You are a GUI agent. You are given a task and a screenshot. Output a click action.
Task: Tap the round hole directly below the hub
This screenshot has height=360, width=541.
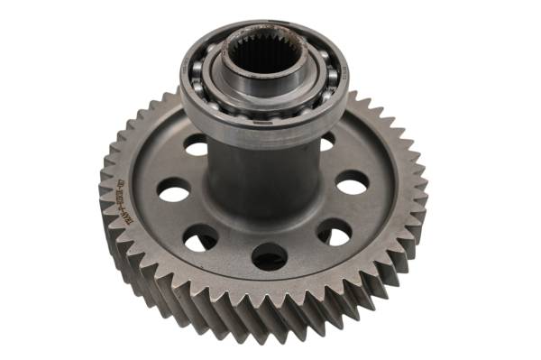coord(269,256)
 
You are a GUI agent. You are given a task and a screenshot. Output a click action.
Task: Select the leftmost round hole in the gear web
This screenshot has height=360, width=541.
coord(173,189)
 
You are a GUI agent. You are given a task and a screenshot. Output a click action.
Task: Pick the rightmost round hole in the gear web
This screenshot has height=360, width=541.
coord(352,182)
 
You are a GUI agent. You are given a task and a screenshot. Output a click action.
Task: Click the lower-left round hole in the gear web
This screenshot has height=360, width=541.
coord(200,238)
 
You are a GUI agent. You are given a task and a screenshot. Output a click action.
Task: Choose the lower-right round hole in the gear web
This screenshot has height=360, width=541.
coord(334,233)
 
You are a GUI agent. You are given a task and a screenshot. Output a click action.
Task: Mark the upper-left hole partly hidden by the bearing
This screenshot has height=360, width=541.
coord(196,144)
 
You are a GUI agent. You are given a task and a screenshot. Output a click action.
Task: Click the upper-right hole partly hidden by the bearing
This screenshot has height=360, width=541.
coord(326,142)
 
